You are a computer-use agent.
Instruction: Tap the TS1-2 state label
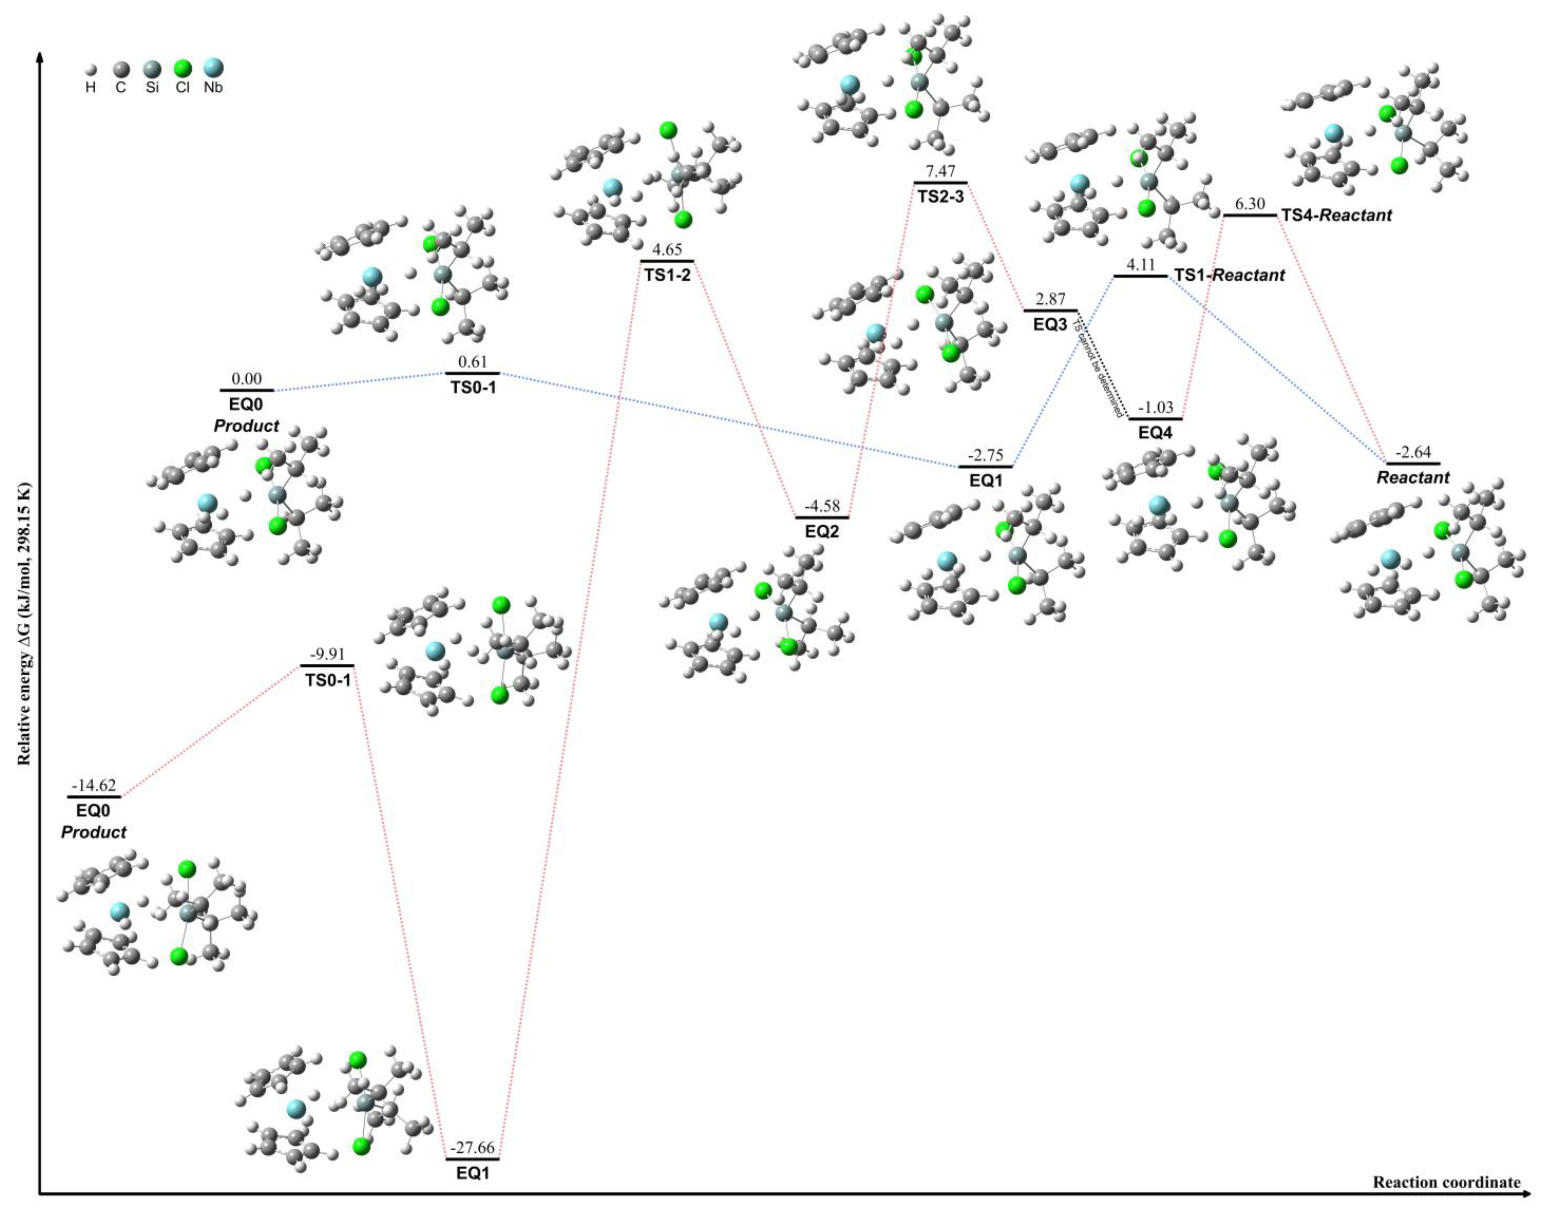tap(667, 275)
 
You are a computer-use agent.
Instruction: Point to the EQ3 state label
tap(1050, 325)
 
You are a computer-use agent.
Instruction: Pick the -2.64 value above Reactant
tap(1413, 452)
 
